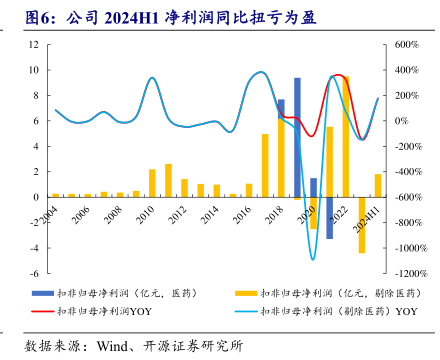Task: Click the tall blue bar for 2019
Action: tap(297, 137)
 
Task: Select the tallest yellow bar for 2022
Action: tap(346, 137)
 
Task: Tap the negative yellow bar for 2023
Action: tap(362, 225)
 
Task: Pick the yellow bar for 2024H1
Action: tap(378, 185)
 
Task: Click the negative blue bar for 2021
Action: tap(329, 218)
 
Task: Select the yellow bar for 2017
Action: tap(265, 165)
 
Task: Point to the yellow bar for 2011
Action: tap(168, 180)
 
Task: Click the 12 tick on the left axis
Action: tap(34, 44)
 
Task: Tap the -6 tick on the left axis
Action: tap(35, 273)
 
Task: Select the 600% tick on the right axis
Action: tap(406, 45)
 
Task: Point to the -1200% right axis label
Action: tap(411, 274)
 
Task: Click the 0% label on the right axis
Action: tap(401, 121)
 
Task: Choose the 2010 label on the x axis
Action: tap(145, 214)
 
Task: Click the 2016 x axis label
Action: tap(242, 214)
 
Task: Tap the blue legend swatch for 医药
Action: tap(43, 293)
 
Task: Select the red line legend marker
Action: tap(43, 311)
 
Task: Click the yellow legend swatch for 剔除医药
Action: tap(246, 293)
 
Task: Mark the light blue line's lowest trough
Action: tap(313, 260)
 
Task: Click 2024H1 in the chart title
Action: tap(131, 18)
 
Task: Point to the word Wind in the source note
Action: tap(112, 346)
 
